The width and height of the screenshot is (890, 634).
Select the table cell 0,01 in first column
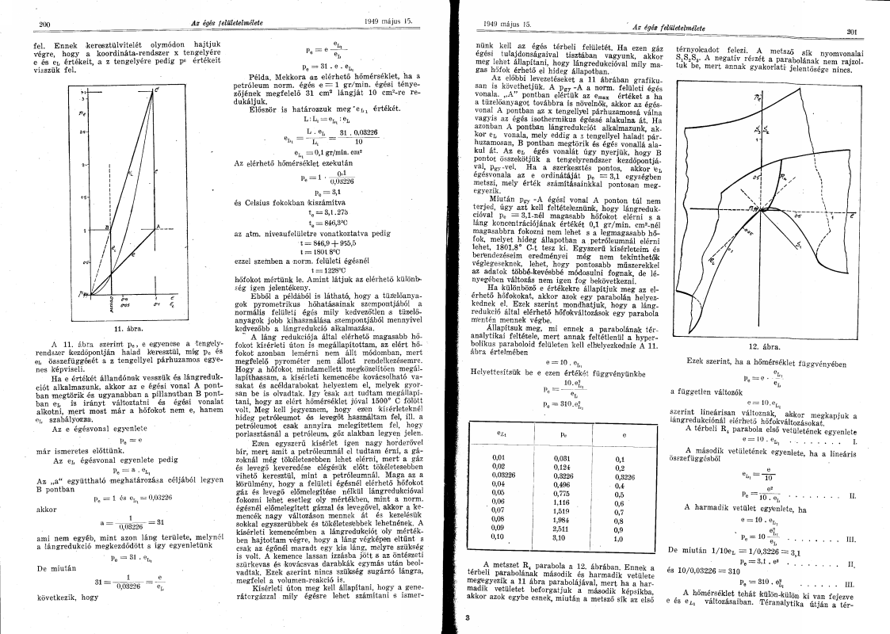[x=498, y=458]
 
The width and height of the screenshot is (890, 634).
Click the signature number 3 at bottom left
[x=468, y=617]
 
